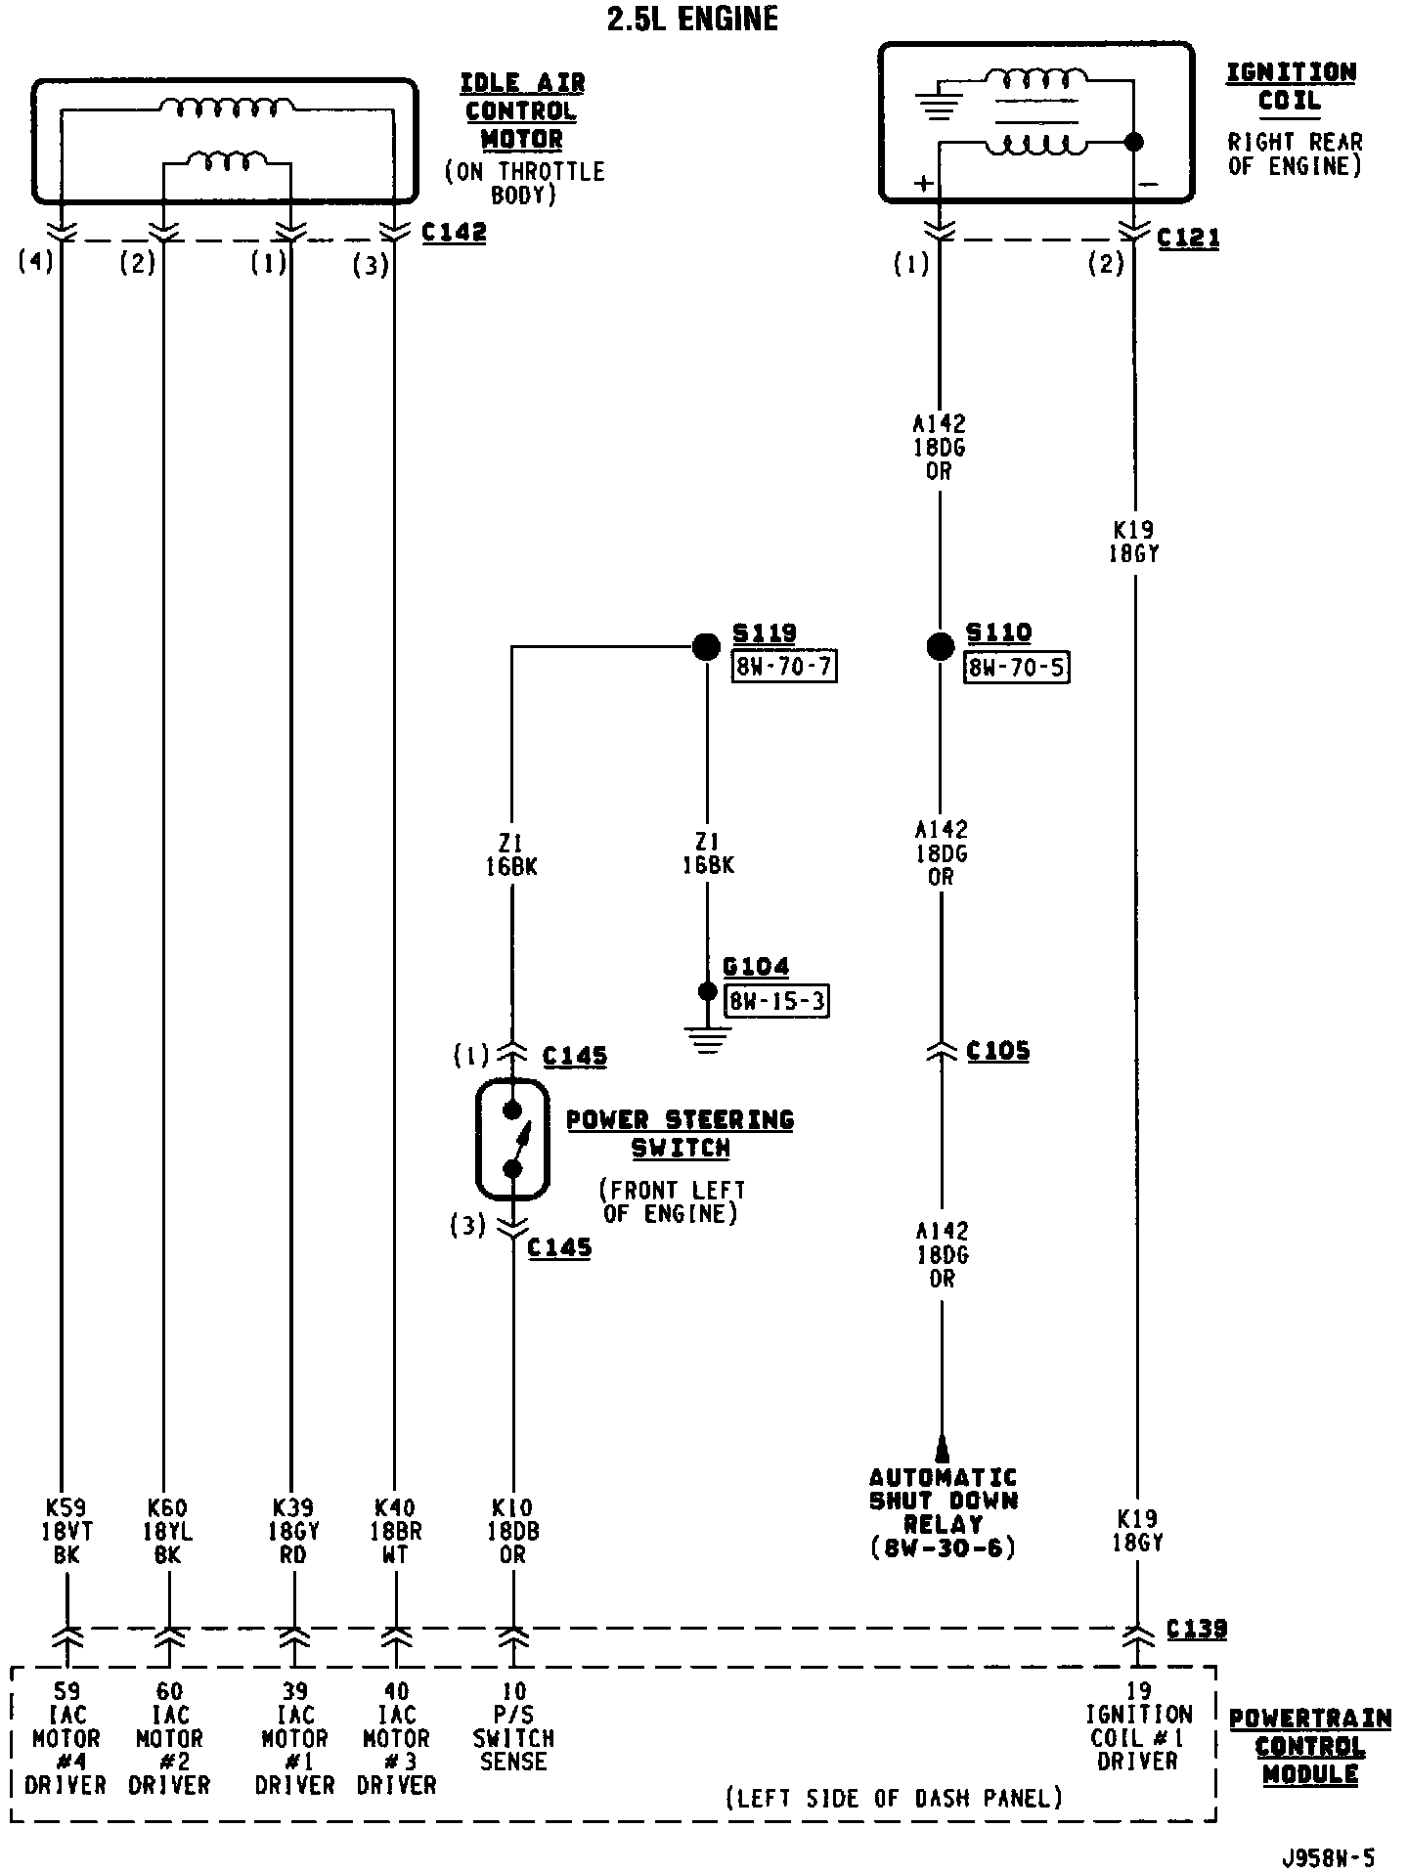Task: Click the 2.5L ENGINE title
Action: [692, 19]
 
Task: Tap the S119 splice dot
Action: [706, 646]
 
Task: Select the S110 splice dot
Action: [940, 646]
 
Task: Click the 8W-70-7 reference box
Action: [785, 668]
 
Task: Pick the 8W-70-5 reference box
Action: [1016, 668]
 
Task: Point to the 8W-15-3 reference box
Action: [777, 1002]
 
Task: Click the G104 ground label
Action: [756, 968]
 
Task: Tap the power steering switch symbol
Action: [512, 1139]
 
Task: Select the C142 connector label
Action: [454, 234]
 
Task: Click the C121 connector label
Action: [1188, 239]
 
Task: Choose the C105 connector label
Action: [997, 1052]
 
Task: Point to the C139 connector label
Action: [1197, 1629]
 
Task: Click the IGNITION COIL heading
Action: [1291, 86]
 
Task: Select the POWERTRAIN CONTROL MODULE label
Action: [1309, 1746]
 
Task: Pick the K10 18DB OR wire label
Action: [513, 1532]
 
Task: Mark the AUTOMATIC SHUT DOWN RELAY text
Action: [944, 1512]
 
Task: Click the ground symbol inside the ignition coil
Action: [939, 103]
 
